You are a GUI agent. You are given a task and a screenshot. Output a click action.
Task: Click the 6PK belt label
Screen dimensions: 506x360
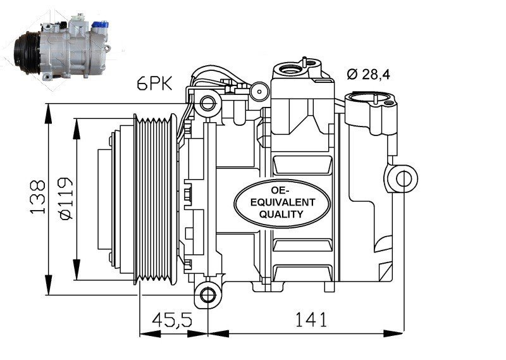[x=155, y=84]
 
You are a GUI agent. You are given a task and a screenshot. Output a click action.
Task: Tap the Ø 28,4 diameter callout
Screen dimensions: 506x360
[x=369, y=75]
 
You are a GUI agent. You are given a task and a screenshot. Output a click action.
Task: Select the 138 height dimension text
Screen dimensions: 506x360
[x=37, y=197]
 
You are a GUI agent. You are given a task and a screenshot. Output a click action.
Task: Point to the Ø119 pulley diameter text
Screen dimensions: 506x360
[x=66, y=198]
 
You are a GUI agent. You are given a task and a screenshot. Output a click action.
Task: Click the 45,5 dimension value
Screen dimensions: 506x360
[x=172, y=320]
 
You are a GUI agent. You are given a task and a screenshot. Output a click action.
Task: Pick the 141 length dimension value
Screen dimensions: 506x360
[x=311, y=320]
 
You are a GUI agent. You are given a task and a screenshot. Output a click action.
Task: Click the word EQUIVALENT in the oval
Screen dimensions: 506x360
[x=283, y=202]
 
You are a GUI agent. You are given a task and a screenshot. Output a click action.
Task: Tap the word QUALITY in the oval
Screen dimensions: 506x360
[x=281, y=214]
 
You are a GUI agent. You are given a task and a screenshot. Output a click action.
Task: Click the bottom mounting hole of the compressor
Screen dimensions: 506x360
[x=208, y=294]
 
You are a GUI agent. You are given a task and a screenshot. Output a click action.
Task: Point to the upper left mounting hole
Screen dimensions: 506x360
[x=207, y=103]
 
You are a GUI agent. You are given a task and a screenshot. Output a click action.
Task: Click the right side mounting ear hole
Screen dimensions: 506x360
[x=404, y=179]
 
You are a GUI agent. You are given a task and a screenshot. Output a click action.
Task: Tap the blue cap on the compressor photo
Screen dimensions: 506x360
[x=100, y=25]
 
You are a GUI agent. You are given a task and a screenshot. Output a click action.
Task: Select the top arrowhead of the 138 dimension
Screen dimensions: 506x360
[x=48, y=113]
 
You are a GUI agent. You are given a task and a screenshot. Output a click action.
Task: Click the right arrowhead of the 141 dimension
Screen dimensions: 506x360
[x=393, y=333]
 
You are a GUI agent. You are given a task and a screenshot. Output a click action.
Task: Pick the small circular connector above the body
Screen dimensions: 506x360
[x=259, y=91]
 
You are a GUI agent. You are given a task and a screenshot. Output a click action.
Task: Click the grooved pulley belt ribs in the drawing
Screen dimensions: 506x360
[x=154, y=199]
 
